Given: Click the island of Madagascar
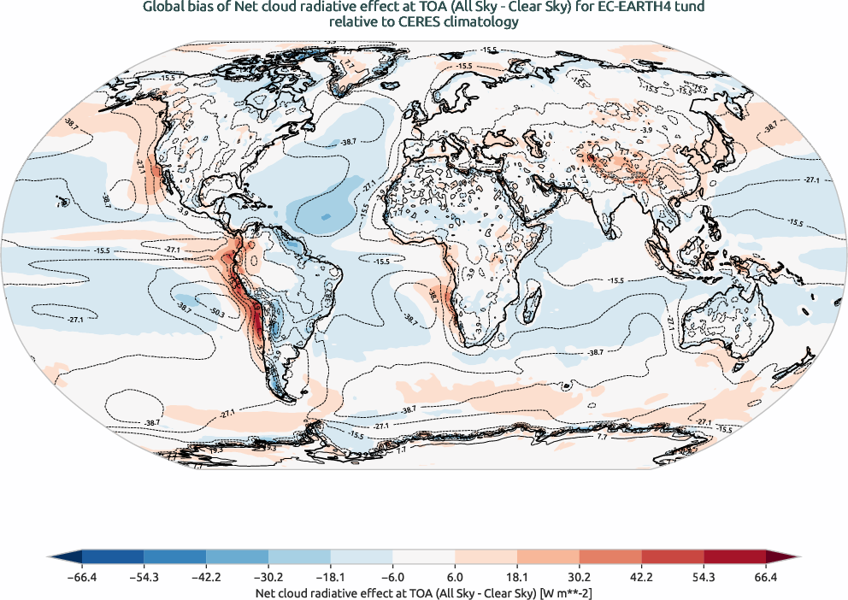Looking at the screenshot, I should click(x=532, y=301).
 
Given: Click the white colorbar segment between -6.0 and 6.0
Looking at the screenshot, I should click(x=423, y=558).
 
